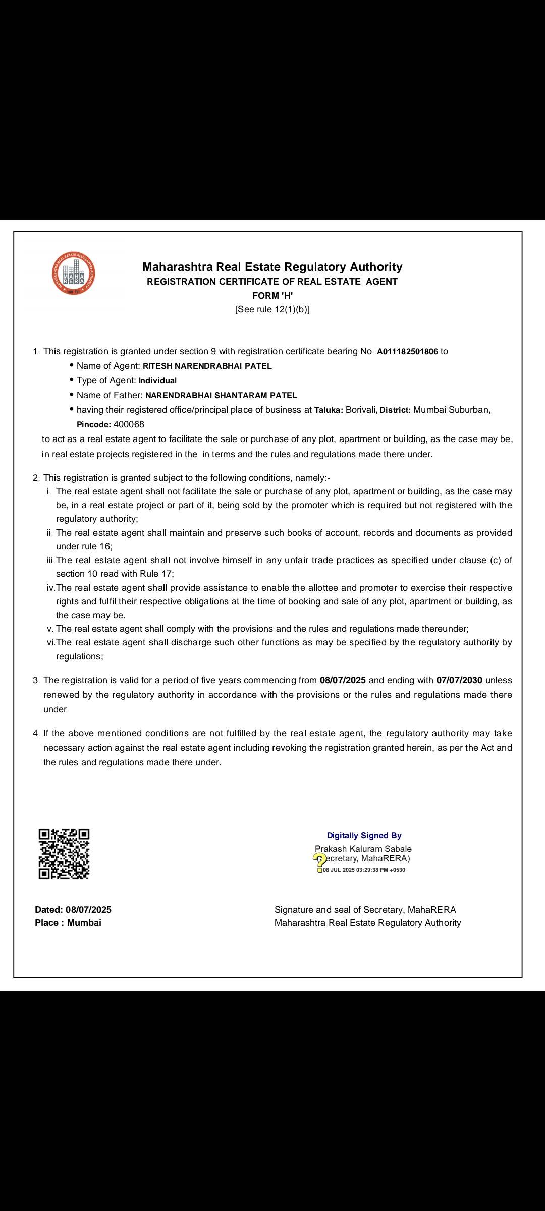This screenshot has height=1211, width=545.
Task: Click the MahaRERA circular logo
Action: (74, 273)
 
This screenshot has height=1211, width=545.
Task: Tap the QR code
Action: (64, 854)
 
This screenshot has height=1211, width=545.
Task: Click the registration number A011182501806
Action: (407, 352)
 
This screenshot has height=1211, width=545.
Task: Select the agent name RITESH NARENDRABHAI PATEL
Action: (207, 366)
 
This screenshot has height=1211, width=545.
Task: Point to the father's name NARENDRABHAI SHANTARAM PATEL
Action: (221, 396)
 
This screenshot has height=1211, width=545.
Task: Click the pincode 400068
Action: (129, 425)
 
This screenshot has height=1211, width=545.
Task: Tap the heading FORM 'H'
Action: (272, 296)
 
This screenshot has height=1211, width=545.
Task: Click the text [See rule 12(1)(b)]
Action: (272, 309)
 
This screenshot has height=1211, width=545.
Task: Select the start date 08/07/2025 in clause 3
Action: (343, 680)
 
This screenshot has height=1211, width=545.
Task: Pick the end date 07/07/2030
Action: (459, 680)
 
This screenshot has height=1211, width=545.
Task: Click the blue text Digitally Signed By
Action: (364, 836)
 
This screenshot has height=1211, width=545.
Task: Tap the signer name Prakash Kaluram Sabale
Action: (363, 849)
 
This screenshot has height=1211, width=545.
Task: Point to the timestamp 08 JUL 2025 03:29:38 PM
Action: (364, 870)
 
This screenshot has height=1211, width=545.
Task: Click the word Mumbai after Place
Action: (84, 923)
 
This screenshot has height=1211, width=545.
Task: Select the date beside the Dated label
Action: (88, 910)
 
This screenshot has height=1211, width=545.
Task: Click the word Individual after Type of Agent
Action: (157, 381)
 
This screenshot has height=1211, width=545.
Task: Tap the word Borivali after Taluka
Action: (360, 410)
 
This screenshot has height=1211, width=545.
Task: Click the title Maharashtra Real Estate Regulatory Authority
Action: (272, 267)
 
